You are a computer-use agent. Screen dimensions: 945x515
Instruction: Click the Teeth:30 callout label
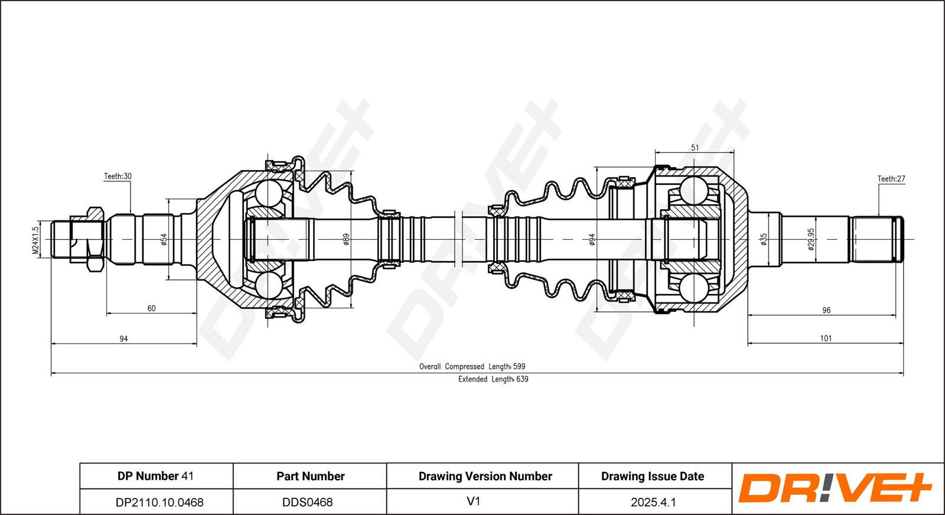[118, 177]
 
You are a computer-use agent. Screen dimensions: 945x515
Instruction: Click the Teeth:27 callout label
[891, 179]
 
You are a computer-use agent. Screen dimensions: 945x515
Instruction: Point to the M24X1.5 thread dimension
[35, 240]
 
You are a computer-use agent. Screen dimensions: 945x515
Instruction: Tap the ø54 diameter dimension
[164, 239]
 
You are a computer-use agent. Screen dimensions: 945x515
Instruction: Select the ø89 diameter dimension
[346, 240]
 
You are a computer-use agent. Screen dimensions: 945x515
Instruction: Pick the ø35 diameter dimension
[764, 240]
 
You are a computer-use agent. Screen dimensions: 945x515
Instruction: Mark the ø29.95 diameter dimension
[812, 240]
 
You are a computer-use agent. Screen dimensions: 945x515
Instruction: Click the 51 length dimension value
[695, 148]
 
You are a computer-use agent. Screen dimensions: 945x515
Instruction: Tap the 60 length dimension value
[151, 308]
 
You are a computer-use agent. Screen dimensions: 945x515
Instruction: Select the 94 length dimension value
[123, 338]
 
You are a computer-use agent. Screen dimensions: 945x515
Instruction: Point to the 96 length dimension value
[826, 311]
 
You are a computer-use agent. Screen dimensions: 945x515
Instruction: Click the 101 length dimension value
[826, 338]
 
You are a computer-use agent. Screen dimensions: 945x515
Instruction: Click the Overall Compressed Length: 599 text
[472, 367]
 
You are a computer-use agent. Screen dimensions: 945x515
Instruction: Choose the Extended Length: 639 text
[493, 379]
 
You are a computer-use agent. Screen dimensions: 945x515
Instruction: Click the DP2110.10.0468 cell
[159, 503]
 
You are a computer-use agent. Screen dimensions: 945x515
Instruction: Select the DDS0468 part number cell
[308, 503]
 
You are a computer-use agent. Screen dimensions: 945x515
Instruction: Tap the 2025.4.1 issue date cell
[653, 503]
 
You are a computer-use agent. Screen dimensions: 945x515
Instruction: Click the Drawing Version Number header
[485, 476]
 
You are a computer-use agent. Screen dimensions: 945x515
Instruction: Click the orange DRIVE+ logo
[835, 488]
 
